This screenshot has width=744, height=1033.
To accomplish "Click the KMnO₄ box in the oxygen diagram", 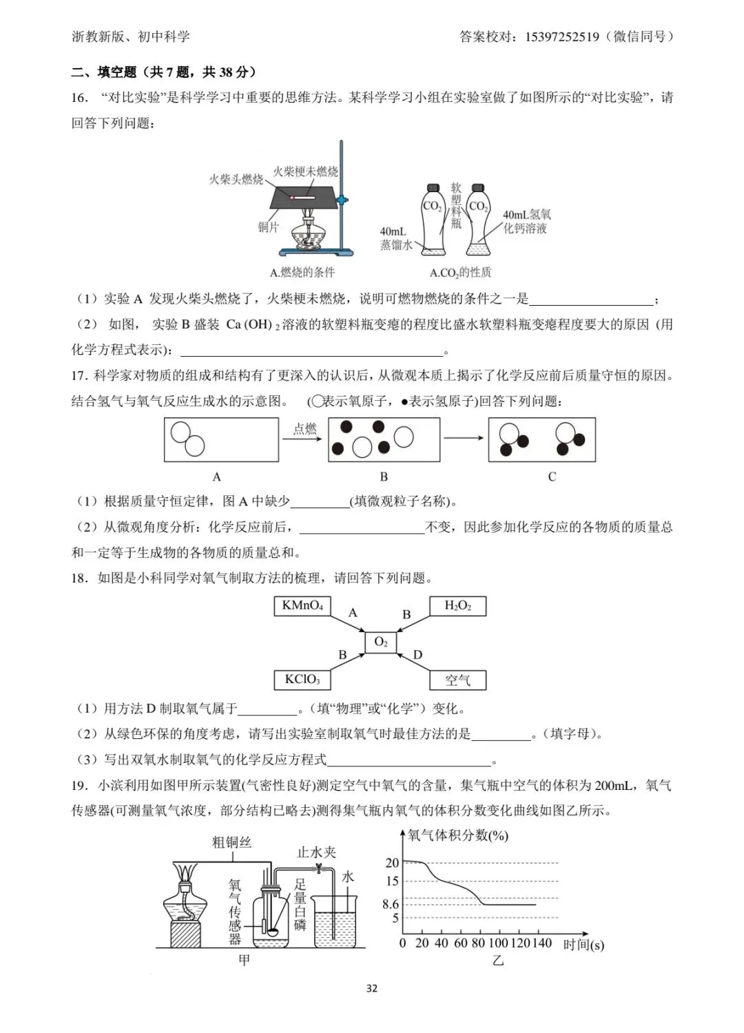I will coord(302,606).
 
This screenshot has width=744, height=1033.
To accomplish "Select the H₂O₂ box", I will coord(457,606).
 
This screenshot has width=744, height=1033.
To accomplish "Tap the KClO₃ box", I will coord(302,680).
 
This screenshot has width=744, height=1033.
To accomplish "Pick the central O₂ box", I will coord(381,642).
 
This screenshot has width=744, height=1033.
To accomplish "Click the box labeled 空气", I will coord(457,680).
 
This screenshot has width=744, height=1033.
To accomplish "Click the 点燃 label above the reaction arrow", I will coord(304,428).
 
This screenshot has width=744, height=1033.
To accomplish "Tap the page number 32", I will coord(372,988).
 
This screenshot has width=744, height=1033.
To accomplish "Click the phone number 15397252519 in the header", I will coord(562,37).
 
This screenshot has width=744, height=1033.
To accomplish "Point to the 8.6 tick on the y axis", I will coord(391,904).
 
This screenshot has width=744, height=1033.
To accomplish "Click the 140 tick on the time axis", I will coord(542,943).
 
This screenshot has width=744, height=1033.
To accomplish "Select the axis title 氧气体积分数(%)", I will coord(457,835).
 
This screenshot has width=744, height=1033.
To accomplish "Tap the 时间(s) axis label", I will coord(583,944).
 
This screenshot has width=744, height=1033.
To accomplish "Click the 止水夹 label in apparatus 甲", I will coord(316,852).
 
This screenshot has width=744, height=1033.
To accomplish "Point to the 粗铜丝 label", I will coord(231,842).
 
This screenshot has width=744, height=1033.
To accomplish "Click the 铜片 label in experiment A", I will coord(269,227).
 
